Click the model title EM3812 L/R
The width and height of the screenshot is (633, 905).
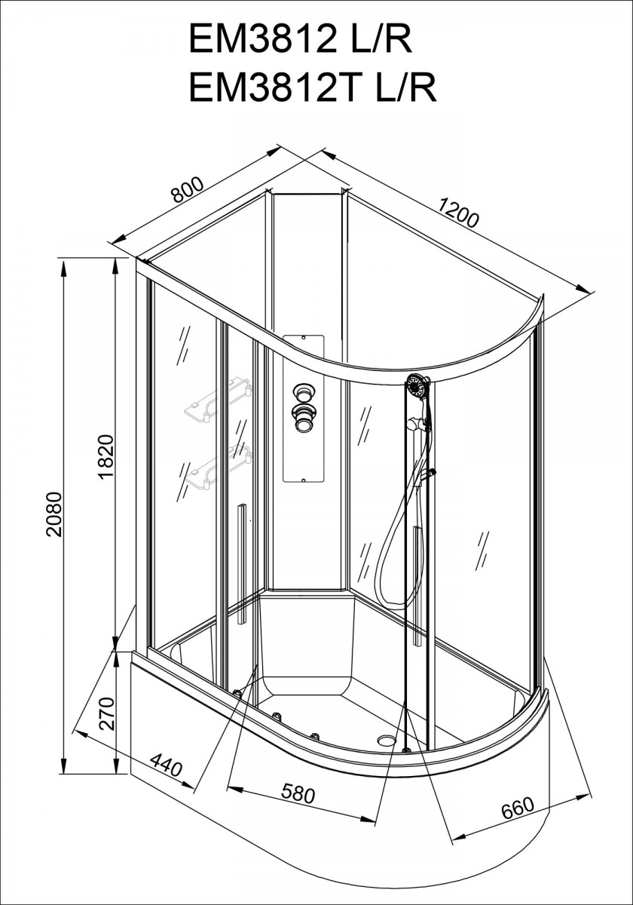click(x=301, y=39)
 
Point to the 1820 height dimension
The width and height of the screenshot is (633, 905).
click(x=106, y=456)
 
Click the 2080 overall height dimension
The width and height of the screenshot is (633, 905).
click(x=54, y=514)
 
